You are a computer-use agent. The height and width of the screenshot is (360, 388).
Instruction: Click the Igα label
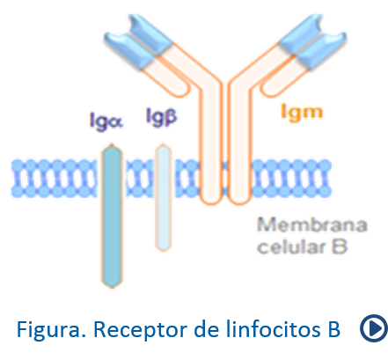(106, 121)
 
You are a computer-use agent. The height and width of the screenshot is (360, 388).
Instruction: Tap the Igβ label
(161, 117)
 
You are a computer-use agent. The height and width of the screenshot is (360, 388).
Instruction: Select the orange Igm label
(302, 113)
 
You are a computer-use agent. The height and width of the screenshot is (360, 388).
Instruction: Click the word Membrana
(312, 225)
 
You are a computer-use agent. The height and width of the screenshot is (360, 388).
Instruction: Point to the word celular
(292, 246)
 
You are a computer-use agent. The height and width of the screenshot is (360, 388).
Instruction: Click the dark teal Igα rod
(112, 216)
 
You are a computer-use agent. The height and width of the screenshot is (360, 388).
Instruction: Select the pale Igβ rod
(163, 198)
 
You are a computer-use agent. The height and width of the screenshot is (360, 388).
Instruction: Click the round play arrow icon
(374, 328)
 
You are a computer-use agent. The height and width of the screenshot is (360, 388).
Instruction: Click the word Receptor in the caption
(141, 330)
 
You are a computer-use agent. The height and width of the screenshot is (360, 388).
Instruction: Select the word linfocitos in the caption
(274, 329)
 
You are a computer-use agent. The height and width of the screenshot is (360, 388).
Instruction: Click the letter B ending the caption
(333, 329)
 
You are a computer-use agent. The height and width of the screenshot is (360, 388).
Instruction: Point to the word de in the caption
(207, 328)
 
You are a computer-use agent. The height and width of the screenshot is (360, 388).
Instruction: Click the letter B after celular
(340, 246)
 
